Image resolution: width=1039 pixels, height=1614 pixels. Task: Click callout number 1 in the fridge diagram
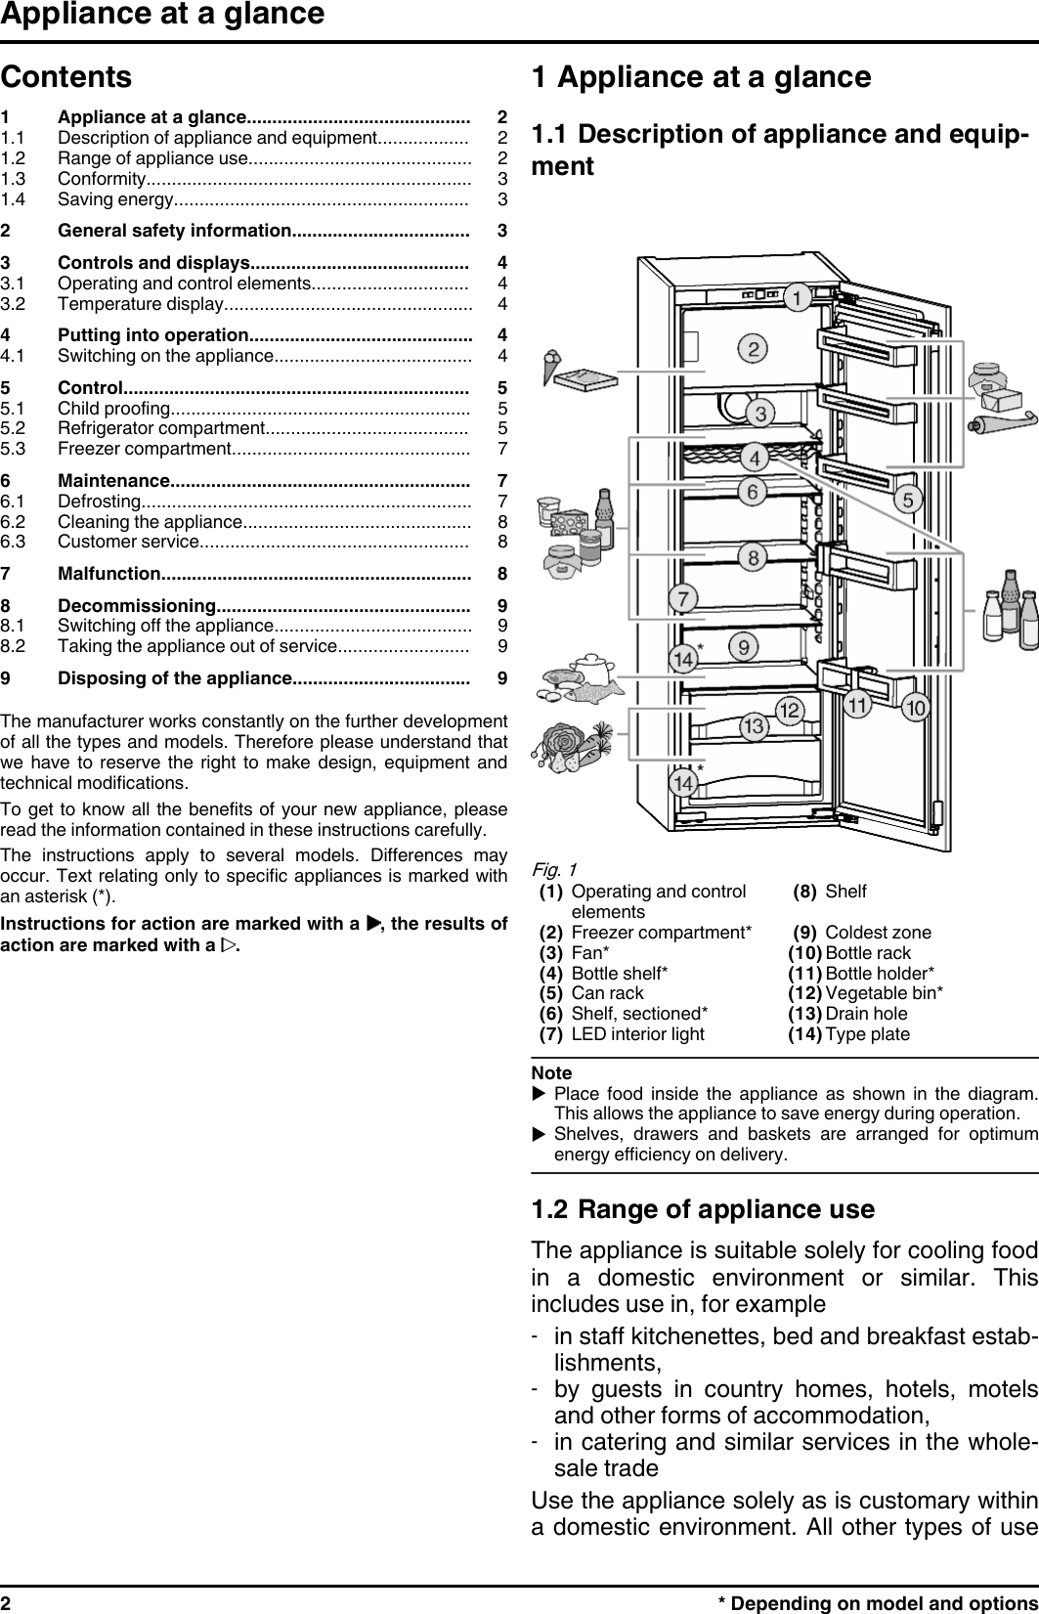tap(799, 296)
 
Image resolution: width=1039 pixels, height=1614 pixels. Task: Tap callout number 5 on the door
tap(908, 500)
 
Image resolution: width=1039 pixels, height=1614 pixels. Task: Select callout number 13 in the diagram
tap(753, 726)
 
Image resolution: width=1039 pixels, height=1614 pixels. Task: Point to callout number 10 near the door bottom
tap(915, 707)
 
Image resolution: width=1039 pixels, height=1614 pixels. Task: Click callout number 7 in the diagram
tap(682, 598)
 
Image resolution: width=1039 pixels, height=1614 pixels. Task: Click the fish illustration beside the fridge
tap(595, 693)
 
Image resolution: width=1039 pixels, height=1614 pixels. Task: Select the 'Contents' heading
tap(66, 76)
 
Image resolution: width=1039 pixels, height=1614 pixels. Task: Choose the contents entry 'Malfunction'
tap(109, 573)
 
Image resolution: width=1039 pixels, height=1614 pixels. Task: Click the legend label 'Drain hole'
tap(866, 1014)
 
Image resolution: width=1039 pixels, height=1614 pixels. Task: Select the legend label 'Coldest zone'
tap(878, 933)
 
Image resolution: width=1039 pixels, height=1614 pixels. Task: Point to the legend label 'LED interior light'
tap(637, 1034)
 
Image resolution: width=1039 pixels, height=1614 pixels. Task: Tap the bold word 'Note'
tap(551, 1072)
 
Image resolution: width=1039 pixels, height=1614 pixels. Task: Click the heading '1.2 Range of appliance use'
tap(703, 1209)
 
